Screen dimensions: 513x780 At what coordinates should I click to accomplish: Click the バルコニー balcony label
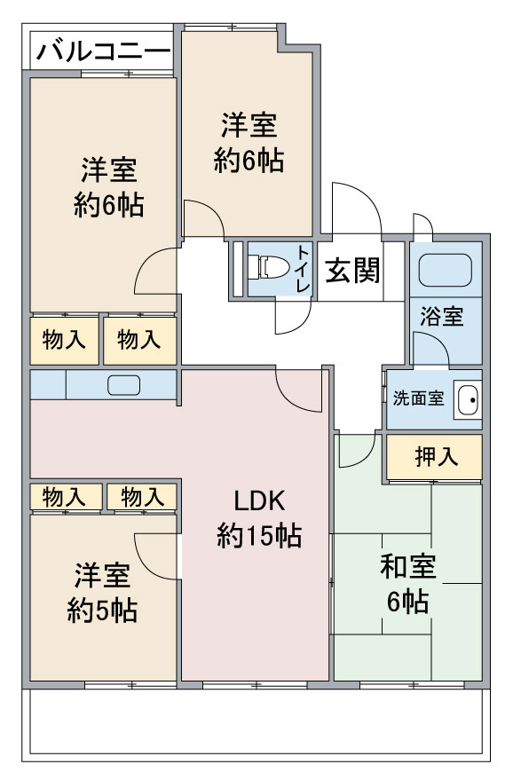coord(104,51)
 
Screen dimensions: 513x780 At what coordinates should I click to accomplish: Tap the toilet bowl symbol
coord(269,267)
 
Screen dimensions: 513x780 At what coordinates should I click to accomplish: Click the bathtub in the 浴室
coord(445,270)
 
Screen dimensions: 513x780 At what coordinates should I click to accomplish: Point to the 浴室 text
coord(442,317)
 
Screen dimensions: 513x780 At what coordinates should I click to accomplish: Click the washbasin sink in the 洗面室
coord(468,399)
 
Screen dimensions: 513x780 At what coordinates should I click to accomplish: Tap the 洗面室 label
coord(418,398)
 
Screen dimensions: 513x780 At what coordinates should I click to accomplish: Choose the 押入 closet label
coord(437,457)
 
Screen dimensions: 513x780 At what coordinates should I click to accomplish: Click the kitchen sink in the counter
coord(124,385)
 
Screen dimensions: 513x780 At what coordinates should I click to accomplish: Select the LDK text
coord(260,501)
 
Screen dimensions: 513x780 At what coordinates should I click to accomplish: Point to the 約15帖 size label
coord(259,536)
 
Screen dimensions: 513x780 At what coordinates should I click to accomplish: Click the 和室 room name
coord(408,567)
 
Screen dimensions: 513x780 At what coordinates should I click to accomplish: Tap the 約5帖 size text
coord(102,611)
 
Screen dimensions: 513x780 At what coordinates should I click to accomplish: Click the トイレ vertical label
coord(304,268)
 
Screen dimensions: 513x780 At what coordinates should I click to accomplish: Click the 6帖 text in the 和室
coord(408,602)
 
